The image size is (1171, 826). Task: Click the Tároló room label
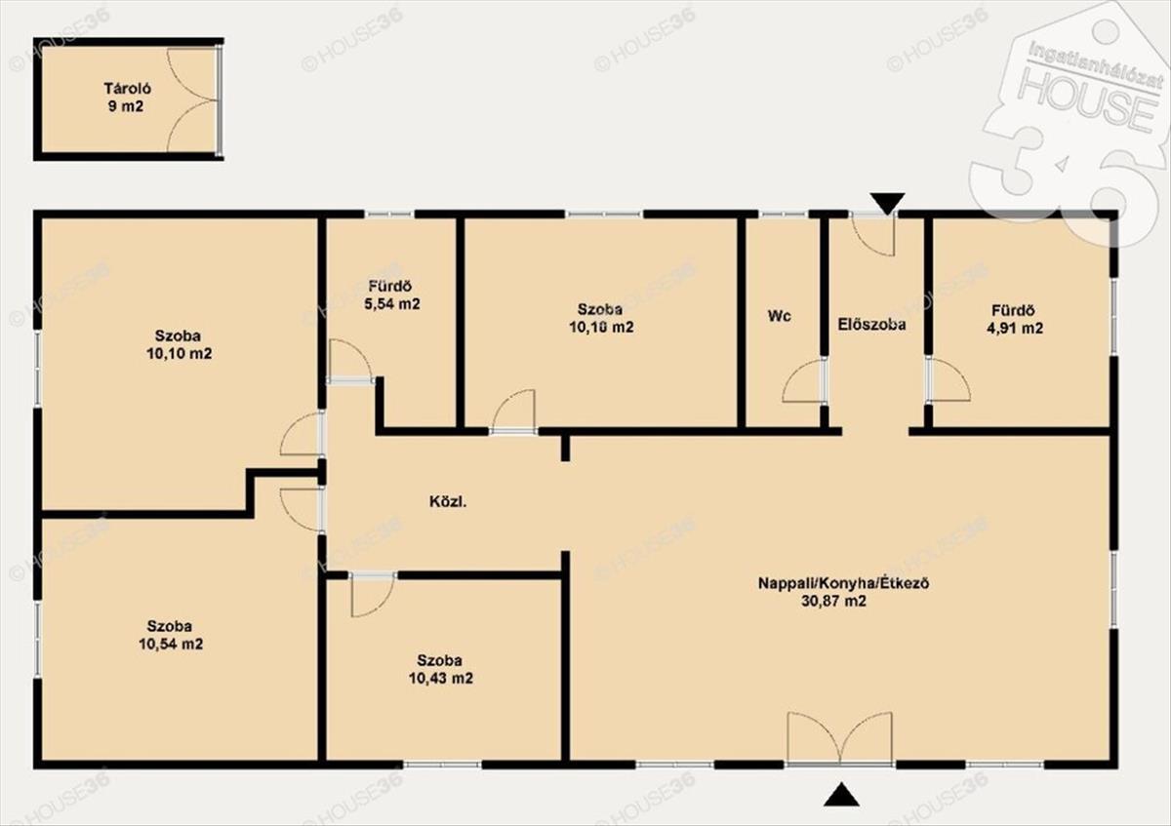127,89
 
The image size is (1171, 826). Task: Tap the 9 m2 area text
126,106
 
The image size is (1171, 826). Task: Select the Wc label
779,316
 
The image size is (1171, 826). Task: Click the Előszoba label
871,325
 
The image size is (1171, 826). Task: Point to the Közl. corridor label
448,502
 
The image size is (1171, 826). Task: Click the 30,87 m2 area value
833,601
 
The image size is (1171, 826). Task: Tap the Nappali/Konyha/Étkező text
843,582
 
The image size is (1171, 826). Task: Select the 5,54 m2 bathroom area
391,304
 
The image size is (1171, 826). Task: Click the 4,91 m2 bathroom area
1015,328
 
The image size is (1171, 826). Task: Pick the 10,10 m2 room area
180,354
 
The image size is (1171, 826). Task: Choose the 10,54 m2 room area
171,644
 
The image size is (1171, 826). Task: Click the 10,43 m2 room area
441,678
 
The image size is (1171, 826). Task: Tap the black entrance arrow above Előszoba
887,203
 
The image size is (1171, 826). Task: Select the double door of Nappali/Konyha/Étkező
839,739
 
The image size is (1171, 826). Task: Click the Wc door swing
802,381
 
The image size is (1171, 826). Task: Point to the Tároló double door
193,100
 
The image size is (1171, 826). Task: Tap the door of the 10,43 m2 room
372,595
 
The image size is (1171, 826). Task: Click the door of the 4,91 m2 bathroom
948,379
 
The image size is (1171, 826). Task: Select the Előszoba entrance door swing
872,234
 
